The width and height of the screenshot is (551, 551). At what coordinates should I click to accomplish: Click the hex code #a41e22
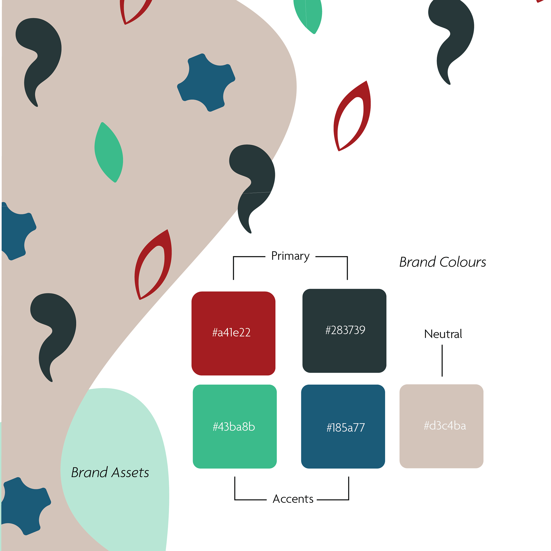tap(231, 332)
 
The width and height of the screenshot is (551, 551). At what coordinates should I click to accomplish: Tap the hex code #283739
tap(345, 330)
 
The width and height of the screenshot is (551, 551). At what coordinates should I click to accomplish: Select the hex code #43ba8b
tap(234, 427)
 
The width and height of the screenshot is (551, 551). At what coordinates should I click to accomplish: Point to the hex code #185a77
tap(346, 428)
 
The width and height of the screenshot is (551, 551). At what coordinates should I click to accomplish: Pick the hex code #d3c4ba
tap(445, 426)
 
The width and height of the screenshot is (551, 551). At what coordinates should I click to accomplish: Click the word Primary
tap(290, 256)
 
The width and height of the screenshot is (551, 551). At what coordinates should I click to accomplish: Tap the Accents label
tap(293, 499)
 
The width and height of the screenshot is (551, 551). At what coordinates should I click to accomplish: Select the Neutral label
tap(443, 334)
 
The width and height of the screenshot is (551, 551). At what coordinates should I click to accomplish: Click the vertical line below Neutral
tap(442, 361)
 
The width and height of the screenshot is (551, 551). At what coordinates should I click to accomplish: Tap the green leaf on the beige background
tap(109, 152)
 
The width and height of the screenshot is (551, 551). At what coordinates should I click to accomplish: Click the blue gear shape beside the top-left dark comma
tap(206, 83)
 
